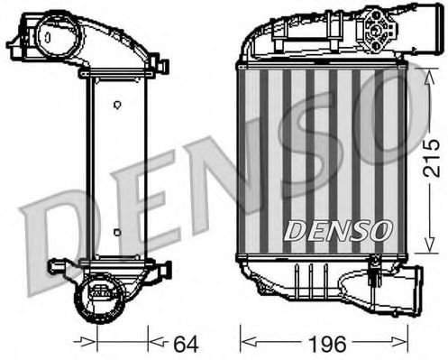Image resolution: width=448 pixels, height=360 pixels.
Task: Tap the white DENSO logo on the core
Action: tap(337, 231)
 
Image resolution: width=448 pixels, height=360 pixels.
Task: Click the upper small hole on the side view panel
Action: tap(117, 106)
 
